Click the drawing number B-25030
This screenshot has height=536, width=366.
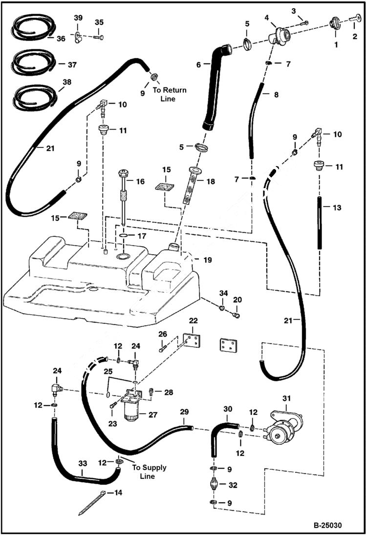point(327,526)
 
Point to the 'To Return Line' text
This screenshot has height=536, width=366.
point(170,94)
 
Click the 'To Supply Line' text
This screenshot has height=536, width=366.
point(150,472)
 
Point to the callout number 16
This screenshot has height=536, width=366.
point(140,181)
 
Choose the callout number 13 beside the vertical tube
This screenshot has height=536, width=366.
point(337,207)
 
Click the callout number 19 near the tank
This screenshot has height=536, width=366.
point(208,260)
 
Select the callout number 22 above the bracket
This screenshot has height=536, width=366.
point(194,321)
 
